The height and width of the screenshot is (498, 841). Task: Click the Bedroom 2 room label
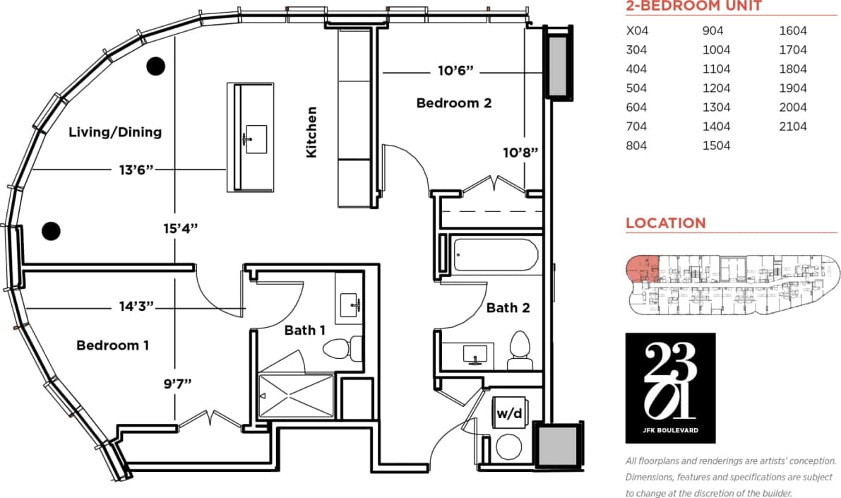tap(453, 103)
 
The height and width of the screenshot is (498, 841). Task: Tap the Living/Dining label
tap(115, 132)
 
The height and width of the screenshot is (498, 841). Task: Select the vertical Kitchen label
tap(311, 132)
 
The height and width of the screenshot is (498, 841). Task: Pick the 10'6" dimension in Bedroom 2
tap(455, 71)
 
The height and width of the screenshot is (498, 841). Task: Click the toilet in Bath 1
tap(338, 348)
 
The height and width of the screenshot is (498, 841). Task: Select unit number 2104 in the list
tap(793, 126)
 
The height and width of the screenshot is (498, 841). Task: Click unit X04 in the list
tap(638, 31)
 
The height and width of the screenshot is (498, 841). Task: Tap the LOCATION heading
tap(665, 223)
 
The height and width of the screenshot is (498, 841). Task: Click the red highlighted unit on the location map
tap(643, 270)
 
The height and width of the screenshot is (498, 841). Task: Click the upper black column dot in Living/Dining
tap(155, 66)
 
